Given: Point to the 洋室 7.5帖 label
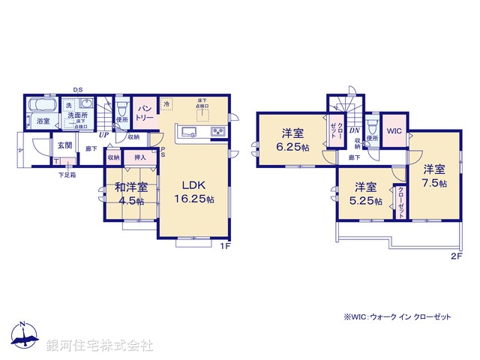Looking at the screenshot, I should [433, 175].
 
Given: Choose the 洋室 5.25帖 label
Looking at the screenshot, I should [363, 193].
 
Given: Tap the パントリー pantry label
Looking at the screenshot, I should [144, 114].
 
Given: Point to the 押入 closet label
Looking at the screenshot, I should [139, 158].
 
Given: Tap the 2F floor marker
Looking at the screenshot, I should [455, 256].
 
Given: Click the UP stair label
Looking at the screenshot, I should [103, 136].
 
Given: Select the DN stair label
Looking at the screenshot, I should [353, 130].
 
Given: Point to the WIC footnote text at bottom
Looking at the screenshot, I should [397, 317].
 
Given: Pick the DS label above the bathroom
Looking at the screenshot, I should [78, 91].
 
